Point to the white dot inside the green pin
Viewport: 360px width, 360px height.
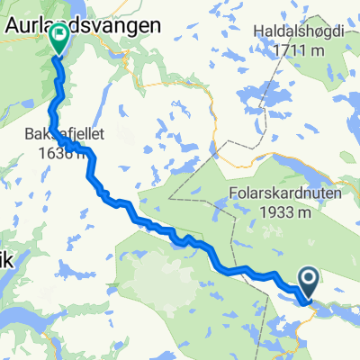[x=60, y=36]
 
